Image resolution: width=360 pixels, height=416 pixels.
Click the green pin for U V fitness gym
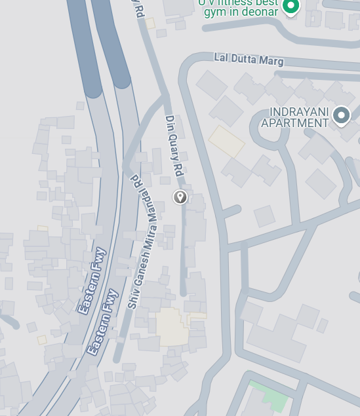290,7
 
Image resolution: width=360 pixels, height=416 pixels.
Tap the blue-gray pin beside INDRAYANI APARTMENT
341,115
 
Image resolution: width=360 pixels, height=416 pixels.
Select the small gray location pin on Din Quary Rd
180,197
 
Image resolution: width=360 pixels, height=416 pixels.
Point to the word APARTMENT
294,123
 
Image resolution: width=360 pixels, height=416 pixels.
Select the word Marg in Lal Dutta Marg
271,62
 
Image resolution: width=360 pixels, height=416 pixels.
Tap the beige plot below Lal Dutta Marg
227,141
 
